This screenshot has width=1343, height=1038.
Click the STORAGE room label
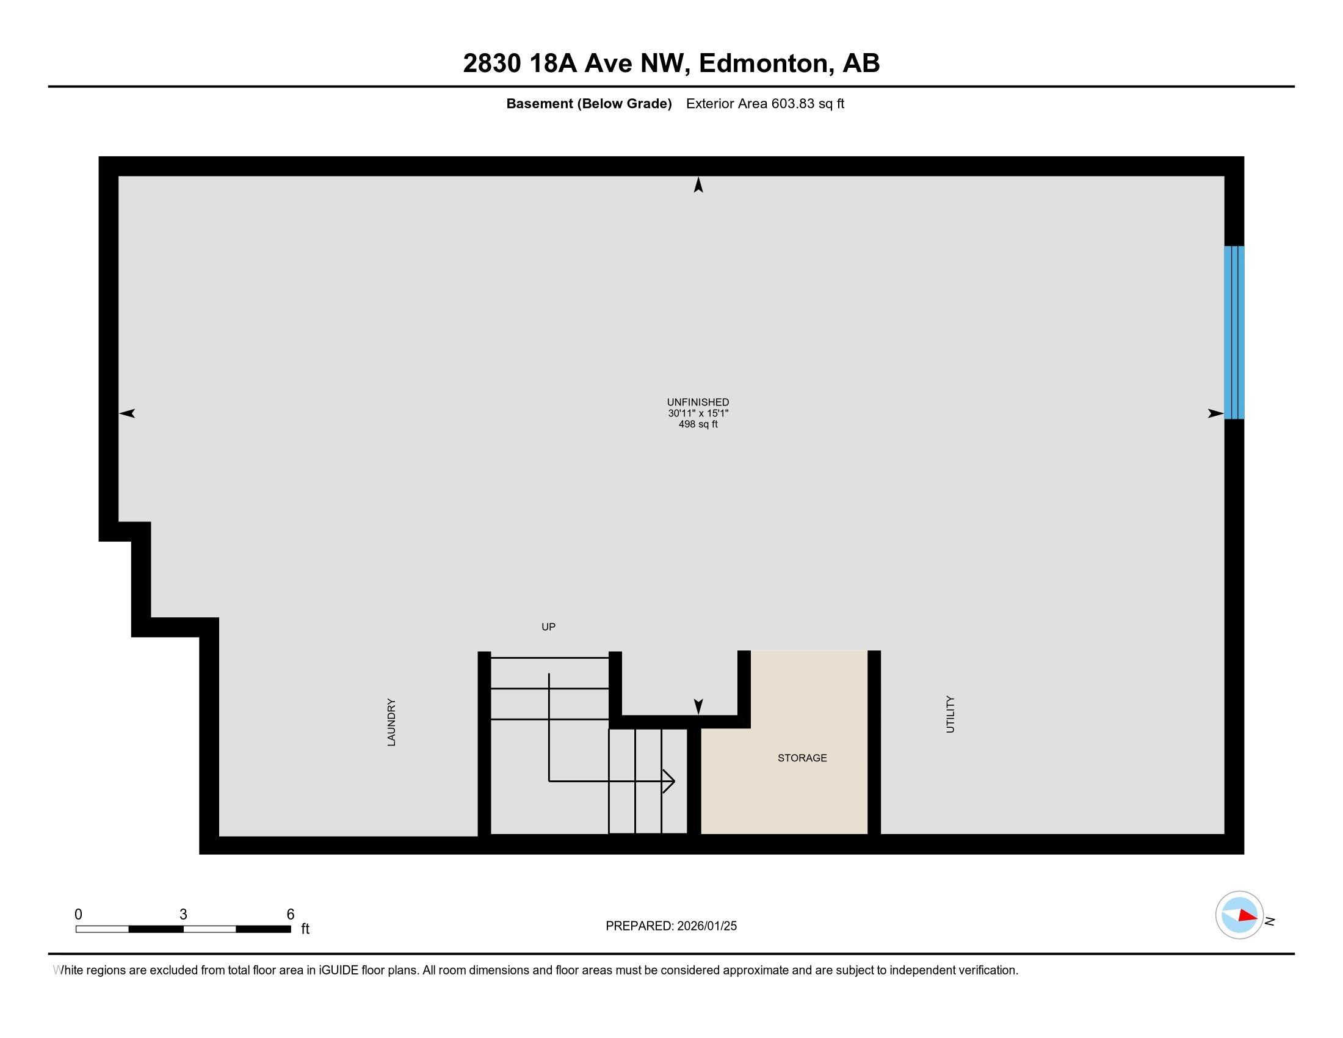click(802, 758)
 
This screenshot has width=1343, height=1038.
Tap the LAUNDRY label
click(391, 722)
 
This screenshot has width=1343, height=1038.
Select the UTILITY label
click(950, 714)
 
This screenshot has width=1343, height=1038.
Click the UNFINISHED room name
click(698, 402)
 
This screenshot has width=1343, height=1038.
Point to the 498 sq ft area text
click(698, 424)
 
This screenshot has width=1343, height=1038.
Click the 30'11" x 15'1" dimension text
click(698, 413)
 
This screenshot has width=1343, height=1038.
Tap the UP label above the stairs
click(548, 626)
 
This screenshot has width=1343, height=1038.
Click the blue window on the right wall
click(1234, 332)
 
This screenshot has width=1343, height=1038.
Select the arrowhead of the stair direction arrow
click(670, 781)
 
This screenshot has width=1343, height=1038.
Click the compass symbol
click(1239, 915)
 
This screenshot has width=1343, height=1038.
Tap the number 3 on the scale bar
click(183, 915)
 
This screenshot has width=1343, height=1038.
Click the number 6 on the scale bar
click(290, 915)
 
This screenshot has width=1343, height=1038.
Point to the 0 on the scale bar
click(78, 915)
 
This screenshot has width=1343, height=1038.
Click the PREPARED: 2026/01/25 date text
click(671, 926)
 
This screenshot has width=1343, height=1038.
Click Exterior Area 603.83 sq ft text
click(765, 103)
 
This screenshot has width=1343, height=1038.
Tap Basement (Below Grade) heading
click(588, 103)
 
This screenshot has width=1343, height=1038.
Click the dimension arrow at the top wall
click(698, 184)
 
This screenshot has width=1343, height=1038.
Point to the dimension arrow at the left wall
click(127, 413)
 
